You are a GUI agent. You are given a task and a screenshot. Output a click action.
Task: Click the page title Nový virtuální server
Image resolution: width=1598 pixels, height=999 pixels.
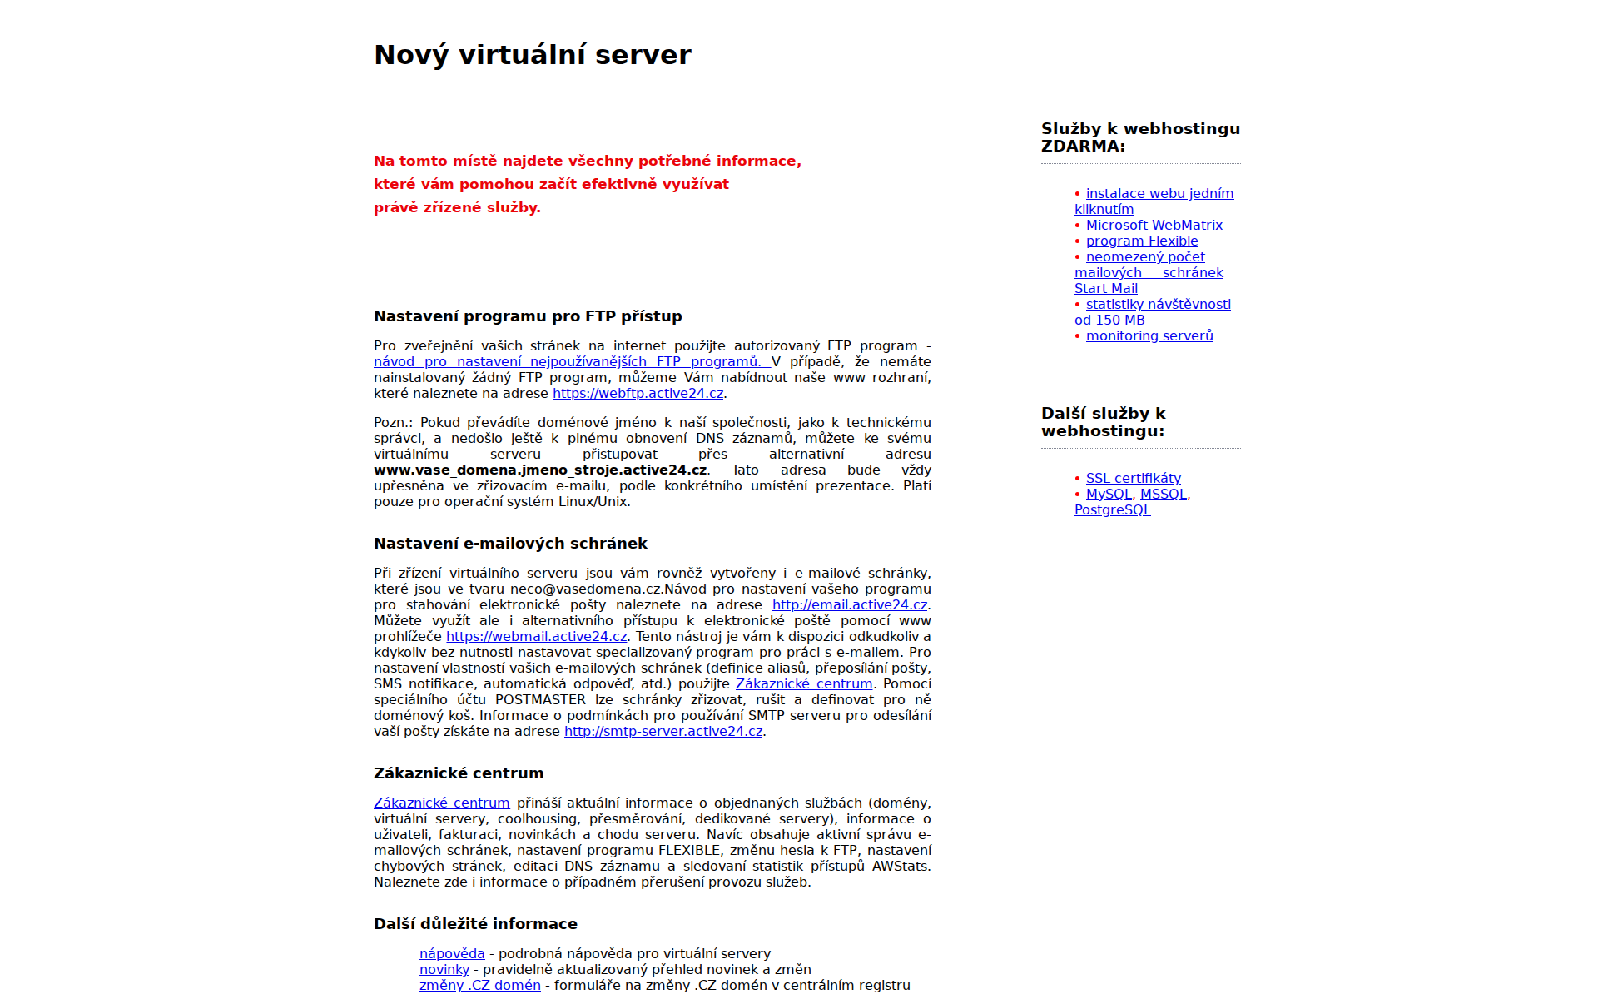pos(533,55)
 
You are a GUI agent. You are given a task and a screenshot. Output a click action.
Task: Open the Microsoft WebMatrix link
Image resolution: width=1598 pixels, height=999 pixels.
pos(1154,225)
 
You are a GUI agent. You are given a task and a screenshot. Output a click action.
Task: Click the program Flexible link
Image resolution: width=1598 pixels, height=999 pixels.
pos(1141,241)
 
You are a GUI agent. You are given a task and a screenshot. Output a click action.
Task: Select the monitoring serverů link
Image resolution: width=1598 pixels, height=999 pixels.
pos(1149,335)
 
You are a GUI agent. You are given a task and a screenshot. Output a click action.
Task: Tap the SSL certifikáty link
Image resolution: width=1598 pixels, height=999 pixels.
pos(1133,478)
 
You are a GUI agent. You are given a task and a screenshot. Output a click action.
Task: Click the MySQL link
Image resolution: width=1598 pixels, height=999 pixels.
pos(1109,494)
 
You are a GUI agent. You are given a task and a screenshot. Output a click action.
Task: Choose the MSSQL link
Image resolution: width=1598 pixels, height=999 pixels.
pos(1163,494)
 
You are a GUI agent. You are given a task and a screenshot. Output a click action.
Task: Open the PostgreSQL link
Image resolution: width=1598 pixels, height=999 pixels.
pos(1112,509)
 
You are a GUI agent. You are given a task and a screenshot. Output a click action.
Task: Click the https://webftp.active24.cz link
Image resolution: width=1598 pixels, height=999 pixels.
pos(638,393)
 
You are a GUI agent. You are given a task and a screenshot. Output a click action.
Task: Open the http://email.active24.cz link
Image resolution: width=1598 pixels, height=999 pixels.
pos(849,604)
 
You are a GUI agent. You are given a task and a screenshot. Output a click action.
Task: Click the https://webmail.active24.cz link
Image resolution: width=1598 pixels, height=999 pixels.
pos(536,636)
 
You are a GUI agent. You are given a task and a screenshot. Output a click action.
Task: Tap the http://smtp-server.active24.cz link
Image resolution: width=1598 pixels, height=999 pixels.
pos(663,731)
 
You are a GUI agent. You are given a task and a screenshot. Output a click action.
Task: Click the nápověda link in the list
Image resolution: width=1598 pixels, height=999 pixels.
pos(452,953)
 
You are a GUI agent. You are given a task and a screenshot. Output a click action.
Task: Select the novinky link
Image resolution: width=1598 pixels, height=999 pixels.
pos(444,969)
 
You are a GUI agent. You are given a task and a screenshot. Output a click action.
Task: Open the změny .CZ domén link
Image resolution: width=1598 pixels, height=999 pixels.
pos(479,985)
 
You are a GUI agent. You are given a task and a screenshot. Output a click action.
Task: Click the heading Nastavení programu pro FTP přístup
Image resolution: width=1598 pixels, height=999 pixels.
pos(528,316)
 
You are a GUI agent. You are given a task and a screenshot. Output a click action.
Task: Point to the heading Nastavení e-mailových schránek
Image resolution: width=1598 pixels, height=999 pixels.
pos(510,544)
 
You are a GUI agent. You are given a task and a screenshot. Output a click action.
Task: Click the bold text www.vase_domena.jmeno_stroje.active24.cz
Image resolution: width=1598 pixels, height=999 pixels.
pos(540,470)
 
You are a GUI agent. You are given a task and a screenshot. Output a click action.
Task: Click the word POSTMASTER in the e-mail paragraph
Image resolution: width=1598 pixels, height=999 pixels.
pos(540,699)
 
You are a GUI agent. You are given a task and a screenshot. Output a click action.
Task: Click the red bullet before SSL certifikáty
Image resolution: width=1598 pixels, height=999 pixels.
pos(1077,479)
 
